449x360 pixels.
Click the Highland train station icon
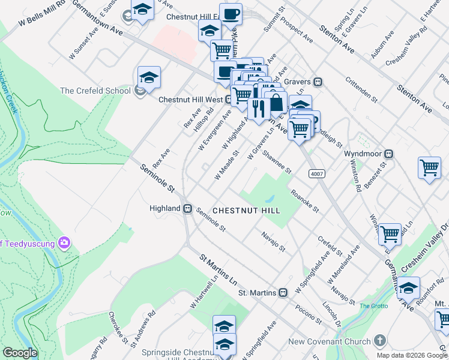click(187, 208)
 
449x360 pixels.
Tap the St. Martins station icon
click(282, 293)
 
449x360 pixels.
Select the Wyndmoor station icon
click(388, 154)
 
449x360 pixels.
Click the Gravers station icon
click(320, 82)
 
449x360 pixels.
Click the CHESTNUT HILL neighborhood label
click(246, 211)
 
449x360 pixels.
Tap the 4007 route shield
click(318, 173)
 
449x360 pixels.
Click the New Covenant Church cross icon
click(379, 341)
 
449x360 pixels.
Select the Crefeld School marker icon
click(140, 91)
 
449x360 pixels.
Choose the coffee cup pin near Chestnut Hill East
click(231, 14)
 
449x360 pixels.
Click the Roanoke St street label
click(304, 201)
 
